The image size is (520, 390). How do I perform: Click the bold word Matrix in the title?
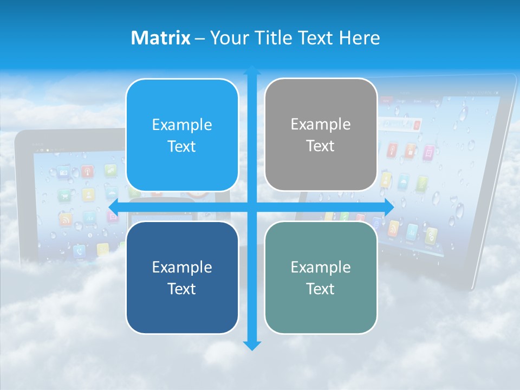(x=161, y=38)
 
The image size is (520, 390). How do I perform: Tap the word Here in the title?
(x=360, y=38)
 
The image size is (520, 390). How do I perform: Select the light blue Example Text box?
(x=182, y=135)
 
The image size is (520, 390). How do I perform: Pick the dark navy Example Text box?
(x=182, y=277)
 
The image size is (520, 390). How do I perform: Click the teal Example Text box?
(x=321, y=277)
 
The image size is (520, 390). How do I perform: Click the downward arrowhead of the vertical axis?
(x=252, y=345)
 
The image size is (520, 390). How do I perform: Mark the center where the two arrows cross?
(x=252, y=207)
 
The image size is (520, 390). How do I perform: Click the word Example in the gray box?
(x=321, y=124)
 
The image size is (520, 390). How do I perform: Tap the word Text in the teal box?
(x=321, y=289)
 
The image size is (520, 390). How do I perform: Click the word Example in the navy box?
(x=182, y=267)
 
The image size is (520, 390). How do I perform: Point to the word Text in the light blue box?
(x=182, y=146)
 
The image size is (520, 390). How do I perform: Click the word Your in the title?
(x=227, y=38)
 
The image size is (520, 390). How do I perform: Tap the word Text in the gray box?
(x=321, y=146)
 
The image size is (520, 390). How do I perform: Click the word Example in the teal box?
(x=321, y=267)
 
